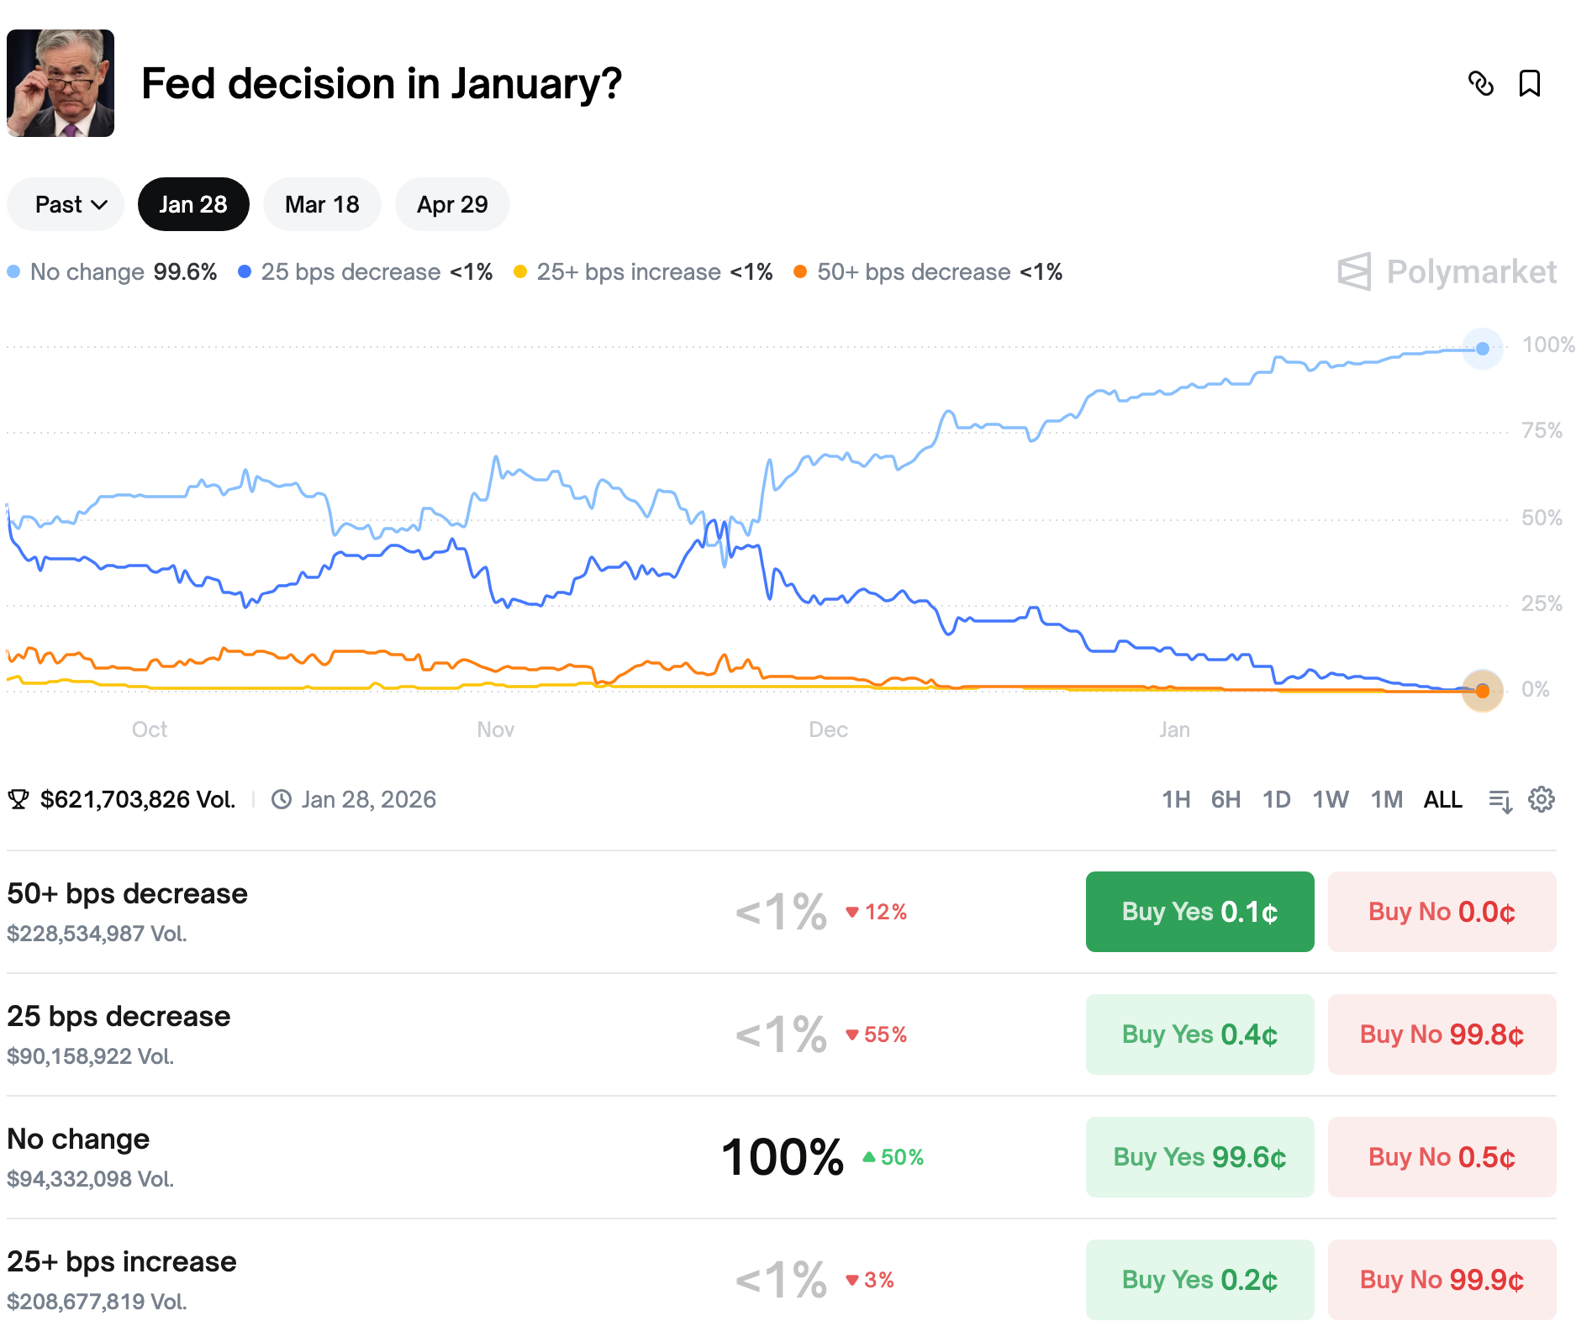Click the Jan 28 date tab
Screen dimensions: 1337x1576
[192, 204]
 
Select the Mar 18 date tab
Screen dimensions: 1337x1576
[322, 204]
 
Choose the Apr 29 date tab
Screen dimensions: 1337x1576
[452, 204]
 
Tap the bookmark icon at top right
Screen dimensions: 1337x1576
[1529, 83]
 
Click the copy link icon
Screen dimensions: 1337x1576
[1480, 83]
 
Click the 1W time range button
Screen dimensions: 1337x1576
[1330, 799]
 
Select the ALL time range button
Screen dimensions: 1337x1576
[1442, 799]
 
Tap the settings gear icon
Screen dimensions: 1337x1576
[1541, 799]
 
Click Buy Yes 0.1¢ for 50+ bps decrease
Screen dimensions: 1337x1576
[1199, 912]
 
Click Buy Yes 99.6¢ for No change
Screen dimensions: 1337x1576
[1199, 1157]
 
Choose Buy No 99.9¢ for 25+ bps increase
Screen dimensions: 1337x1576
[1442, 1280]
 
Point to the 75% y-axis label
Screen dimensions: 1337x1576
[1542, 431]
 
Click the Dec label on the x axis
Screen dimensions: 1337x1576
[828, 729]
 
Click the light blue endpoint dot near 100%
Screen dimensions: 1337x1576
[1483, 349]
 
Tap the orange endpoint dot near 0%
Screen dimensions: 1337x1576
[1483, 691]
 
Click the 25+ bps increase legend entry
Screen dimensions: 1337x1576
[643, 272]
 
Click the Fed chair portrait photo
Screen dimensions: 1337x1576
[61, 83]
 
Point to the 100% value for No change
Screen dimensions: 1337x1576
[782, 1157]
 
